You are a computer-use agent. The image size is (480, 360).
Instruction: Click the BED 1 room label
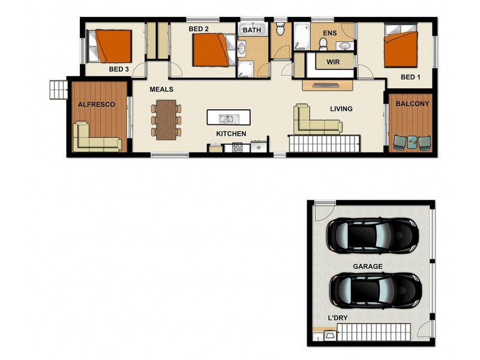tap(411, 77)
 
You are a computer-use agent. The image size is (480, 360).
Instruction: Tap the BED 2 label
tap(199, 29)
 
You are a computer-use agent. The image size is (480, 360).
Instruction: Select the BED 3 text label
tap(119, 69)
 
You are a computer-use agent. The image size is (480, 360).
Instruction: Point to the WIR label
tap(334, 62)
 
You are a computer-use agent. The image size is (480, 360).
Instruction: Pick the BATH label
tap(252, 29)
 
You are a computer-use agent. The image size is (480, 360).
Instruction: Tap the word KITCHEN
tap(231, 134)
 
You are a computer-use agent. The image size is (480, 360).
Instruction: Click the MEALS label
tap(161, 89)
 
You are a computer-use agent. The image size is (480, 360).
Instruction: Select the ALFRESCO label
tap(96, 104)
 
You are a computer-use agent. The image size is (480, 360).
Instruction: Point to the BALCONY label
tap(412, 104)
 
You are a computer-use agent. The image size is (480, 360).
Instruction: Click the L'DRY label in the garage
tap(338, 317)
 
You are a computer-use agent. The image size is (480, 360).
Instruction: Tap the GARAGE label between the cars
tap(368, 266)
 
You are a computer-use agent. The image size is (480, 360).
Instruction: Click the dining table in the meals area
tap(166, 119)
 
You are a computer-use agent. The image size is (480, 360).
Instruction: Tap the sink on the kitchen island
tap(227, 118)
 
